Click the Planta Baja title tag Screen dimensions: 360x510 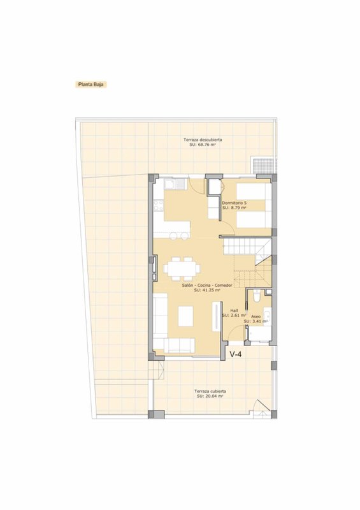point(90,84)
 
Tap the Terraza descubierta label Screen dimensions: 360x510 point(203,140)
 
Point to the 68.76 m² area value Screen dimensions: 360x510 point(203,145)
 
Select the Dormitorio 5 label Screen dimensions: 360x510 point(234,202)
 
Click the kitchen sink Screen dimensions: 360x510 point(175,184)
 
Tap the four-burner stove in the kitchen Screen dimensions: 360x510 point(159,205)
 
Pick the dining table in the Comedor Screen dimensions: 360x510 point(182,268)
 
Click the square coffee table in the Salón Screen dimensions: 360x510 point(185,316)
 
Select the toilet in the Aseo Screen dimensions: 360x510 point(257,296)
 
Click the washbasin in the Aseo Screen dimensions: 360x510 point(268,316)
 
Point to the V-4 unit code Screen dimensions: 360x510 point(236,354)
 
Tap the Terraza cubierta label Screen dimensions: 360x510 point(210,391)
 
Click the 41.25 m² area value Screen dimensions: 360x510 point(205,290)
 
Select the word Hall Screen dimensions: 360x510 point(234,310)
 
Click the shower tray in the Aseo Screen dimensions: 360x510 point(259,333)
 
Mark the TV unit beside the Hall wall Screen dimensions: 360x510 point(217,316)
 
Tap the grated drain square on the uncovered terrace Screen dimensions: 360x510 point(264,166)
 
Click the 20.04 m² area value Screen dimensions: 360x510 point(210,396)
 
